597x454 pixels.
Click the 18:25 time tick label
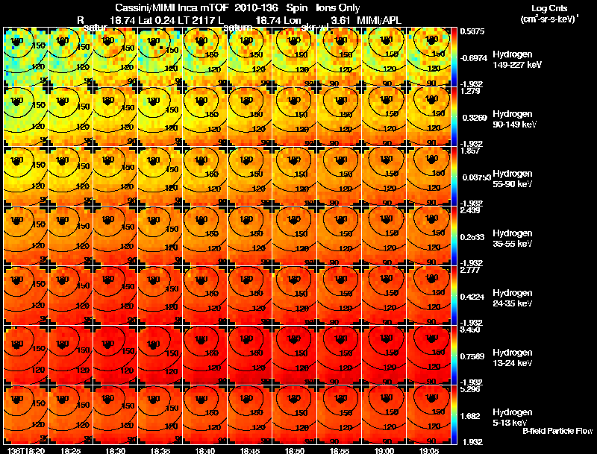tap(70, 450)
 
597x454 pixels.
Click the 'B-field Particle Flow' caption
tap(557, 431)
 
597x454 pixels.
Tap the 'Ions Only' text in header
tap(337, 7)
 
